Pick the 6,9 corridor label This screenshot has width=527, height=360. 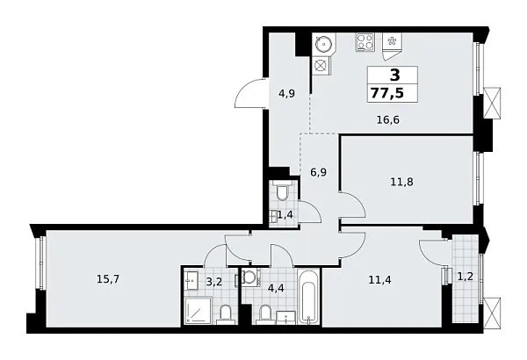pyautogui.click(x=318, y=173)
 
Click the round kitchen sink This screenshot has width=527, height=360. pyautogui.click(x=321, y=43)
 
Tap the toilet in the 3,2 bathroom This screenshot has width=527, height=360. pyautogui.click(x=225, y=314)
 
